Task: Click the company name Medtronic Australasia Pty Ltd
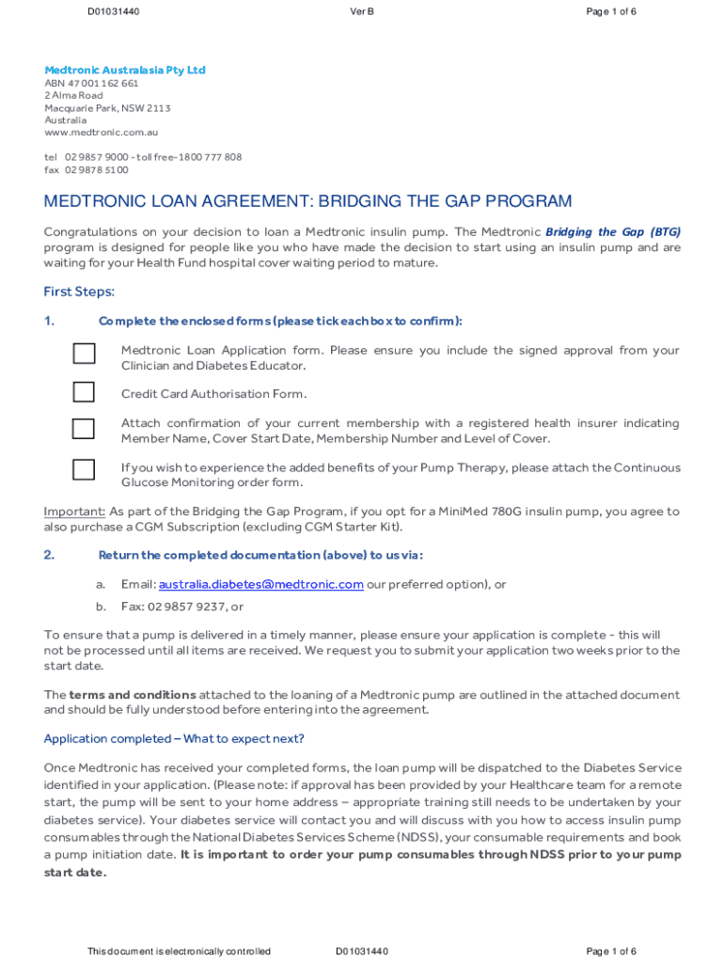[124, 71]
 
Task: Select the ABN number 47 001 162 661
[102, 83]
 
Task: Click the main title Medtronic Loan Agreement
[307, 202]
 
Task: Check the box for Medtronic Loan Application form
[84, 354]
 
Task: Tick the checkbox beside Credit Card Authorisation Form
[84, 391]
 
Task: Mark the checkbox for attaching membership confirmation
[84, 429]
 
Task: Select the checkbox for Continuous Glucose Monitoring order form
[84, 470]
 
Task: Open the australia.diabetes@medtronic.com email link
[260, 584]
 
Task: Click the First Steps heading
[79, 292]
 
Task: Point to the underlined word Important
[74, 512]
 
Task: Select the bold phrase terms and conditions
[133, 695]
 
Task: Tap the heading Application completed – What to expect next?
[174, 738]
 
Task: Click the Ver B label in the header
[362, 11]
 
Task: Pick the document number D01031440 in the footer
[362, 952]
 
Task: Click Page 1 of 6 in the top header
[611, 11]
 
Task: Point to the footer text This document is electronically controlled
[179, 952]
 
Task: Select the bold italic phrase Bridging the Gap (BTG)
[613, 231]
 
